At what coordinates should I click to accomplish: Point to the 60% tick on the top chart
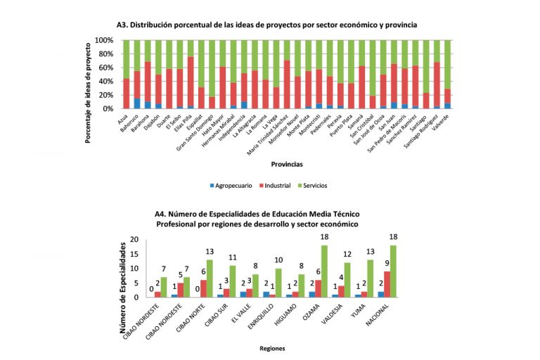103,67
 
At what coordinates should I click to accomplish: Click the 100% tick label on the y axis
101,40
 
